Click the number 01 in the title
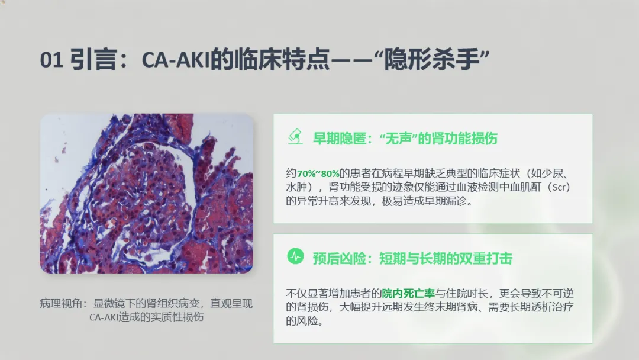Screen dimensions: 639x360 (51, 60)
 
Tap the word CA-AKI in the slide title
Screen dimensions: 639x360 (175, 60)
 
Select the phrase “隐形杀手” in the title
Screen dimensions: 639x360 (431, 60)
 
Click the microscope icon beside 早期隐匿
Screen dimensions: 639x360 (295, 137)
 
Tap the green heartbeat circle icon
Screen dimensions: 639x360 (295, 257)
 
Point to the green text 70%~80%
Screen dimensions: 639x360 (318, 173)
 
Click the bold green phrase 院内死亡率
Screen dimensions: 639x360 (408, 294)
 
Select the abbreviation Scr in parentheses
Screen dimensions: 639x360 (559, 188)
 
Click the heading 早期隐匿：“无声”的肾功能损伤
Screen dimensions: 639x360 (405, 139)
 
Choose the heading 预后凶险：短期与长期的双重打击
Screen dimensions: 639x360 (412, 259)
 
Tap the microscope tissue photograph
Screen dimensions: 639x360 (147, 193)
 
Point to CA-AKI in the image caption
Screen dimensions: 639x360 (104, 317)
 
